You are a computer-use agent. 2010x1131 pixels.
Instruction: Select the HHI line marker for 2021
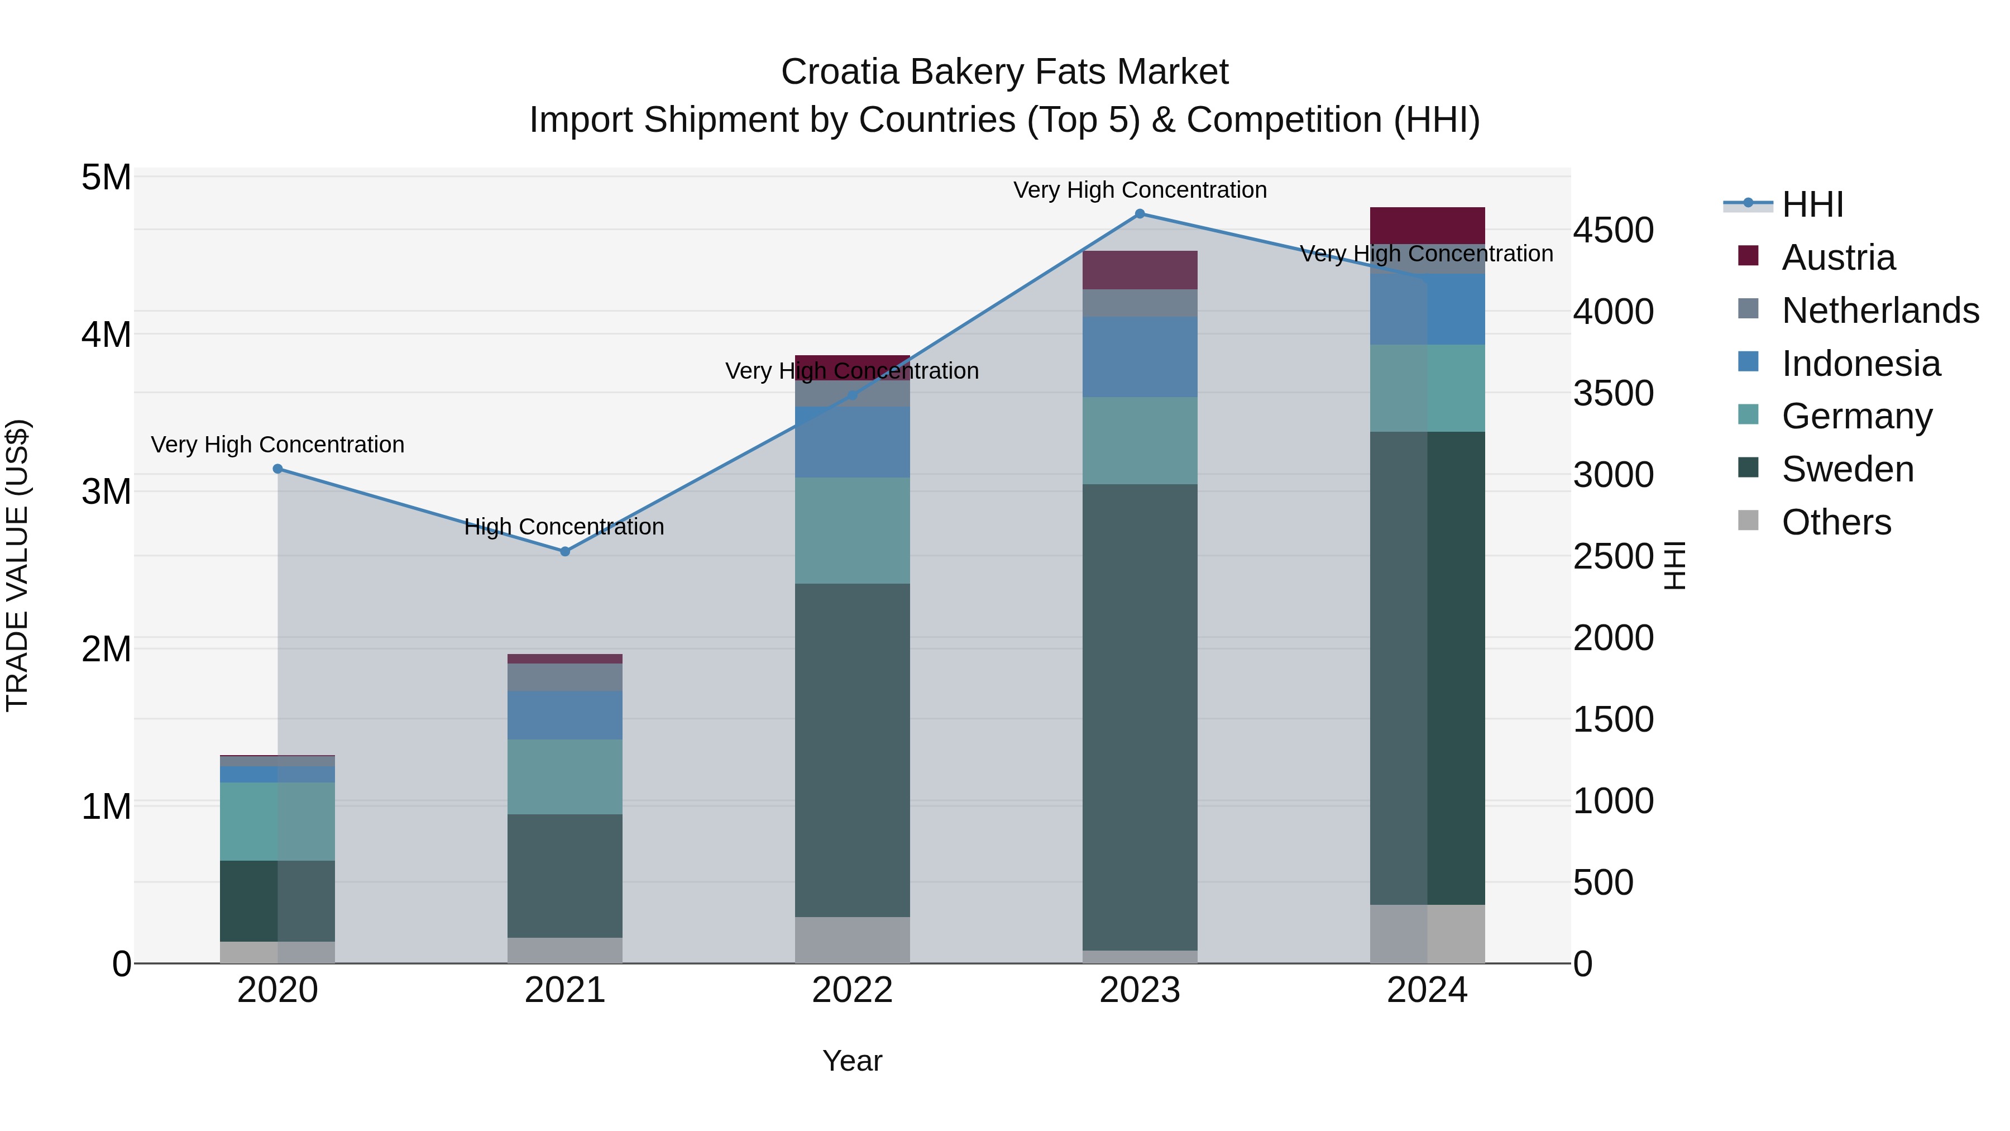565,552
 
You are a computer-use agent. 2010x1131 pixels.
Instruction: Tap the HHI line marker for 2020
278,469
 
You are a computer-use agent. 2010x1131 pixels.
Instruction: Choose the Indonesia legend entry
1860,364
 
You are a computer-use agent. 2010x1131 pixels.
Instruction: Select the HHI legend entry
1812,204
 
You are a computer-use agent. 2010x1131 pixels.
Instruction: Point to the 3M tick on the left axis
106,491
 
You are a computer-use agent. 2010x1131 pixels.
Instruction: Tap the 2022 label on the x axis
852,990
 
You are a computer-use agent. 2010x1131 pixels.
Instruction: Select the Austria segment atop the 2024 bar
1427,226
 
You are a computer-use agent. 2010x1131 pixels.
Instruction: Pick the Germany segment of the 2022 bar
852,531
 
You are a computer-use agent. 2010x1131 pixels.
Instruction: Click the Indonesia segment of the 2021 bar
565,715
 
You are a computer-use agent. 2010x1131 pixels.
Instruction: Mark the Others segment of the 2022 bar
852,940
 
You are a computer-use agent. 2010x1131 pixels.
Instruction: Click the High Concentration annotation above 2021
564,527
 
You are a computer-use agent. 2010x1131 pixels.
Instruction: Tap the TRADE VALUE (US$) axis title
17,565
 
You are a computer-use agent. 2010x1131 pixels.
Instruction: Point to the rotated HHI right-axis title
1674,565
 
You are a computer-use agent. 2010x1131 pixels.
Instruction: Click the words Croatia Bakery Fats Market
1004,72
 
